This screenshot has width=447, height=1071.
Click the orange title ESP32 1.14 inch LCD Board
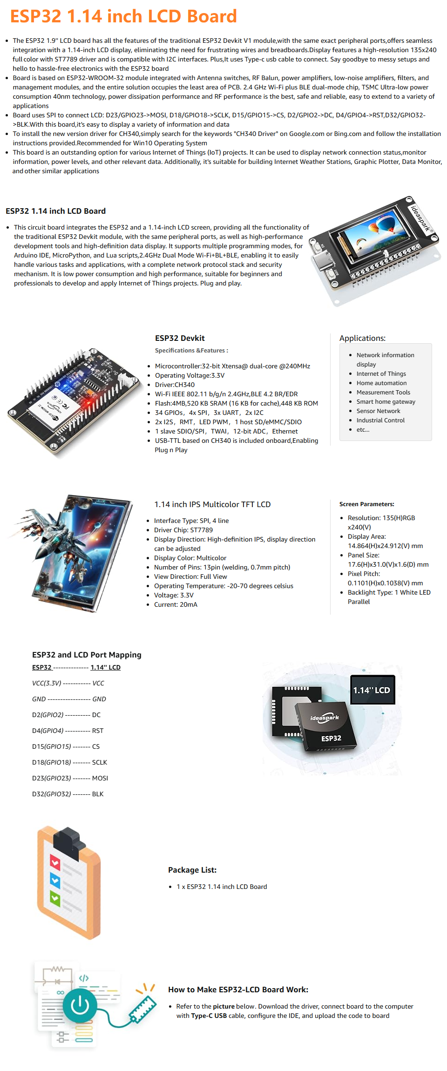(123, 16)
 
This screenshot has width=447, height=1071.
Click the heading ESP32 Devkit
(180, 338)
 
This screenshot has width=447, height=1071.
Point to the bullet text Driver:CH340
(175, 385)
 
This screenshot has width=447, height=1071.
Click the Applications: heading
(362, 338)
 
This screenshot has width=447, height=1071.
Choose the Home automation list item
(381, 383)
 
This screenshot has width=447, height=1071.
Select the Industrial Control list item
(380, 420)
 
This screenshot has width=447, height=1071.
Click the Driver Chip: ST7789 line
(183, 530)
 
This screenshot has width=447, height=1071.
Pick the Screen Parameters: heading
(367, 504)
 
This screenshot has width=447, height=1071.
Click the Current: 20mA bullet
(176, 604)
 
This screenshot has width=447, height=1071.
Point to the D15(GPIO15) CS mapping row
(66, 746)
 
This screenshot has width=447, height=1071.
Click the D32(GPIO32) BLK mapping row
(68, 794)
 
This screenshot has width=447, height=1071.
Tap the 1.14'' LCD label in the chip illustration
(372, 690)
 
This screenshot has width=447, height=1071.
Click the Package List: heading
(192, 870)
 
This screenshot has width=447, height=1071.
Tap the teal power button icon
(80, 1006)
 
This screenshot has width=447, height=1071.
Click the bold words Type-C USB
(209, 1016)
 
